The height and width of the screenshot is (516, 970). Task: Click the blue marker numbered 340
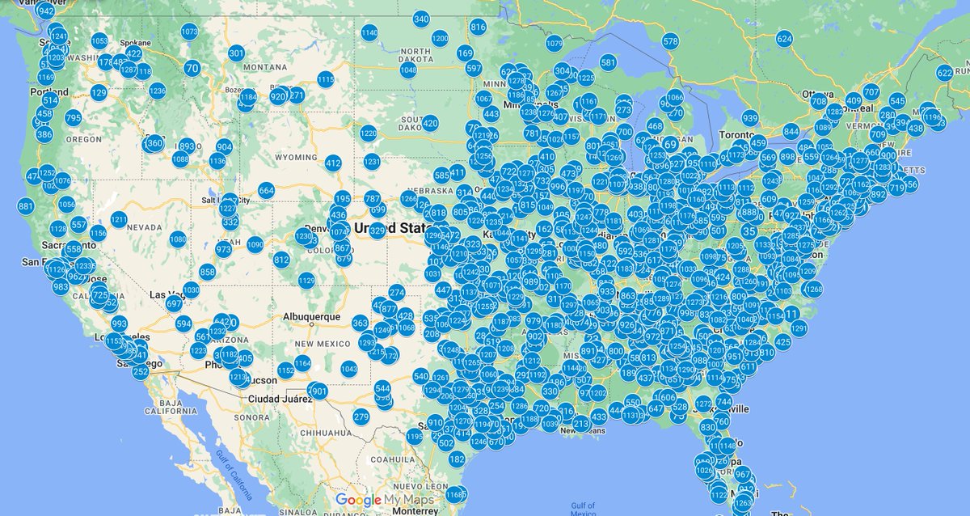click(x=421, y=19)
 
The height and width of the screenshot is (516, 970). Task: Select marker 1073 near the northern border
click(x=190, y=32)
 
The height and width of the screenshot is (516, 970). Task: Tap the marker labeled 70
click(x=192, y=69)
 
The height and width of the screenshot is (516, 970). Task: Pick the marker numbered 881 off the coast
click(x=26, y=206)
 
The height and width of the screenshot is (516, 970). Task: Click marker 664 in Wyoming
click(x=267, y=191)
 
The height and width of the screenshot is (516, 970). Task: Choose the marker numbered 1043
click(x=349, y=370)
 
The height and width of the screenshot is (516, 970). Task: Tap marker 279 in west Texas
click(x=361, y=417)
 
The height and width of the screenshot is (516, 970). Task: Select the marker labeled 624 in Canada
click(x=784, y=39)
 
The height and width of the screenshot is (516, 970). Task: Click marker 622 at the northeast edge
click(x=945, y=73)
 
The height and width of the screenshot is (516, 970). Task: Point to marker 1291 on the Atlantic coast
click(x=799, y=328)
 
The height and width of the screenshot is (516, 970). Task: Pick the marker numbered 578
click(x=670, y=41)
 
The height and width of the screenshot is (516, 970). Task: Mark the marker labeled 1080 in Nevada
click(x=178, y=239)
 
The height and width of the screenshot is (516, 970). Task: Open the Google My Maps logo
click(x=384, y=500)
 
